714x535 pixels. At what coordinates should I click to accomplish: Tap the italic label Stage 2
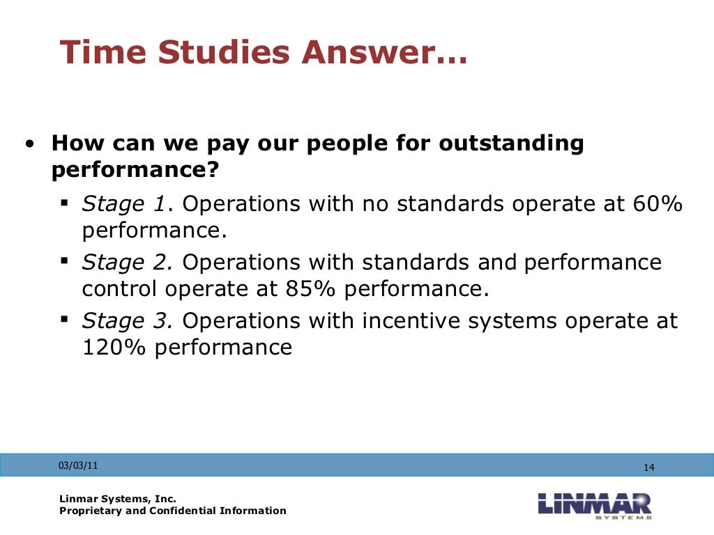coord(128,263)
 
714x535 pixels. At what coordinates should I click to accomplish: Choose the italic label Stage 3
coord(128,321)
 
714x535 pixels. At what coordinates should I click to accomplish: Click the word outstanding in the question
coord(511,144)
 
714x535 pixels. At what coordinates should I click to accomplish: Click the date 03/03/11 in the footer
coord(78,465)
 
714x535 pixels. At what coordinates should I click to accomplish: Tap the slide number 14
coord(648,467)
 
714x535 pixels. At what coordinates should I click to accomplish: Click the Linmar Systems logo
coord(595,505)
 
